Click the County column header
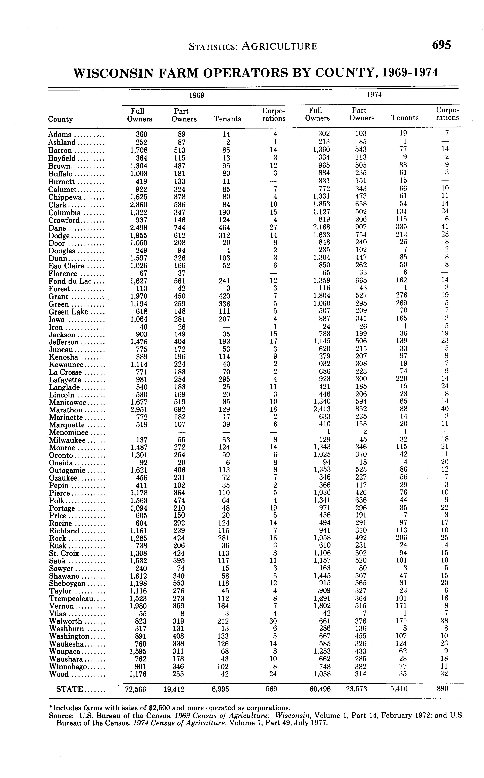[60, 119]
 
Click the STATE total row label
[69, 689]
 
